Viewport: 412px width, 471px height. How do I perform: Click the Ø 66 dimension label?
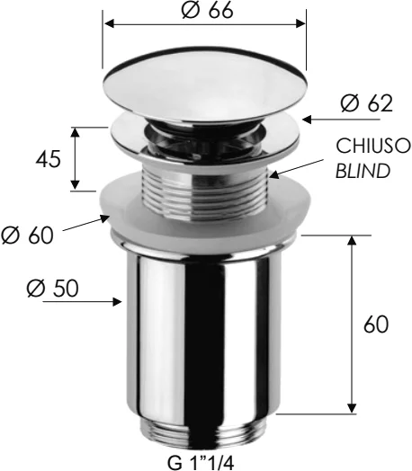208,10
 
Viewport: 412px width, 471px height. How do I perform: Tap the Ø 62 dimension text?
367,104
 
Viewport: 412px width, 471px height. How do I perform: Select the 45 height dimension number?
49,159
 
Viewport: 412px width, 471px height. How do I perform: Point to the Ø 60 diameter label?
27,235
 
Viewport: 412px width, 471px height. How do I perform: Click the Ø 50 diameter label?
52,289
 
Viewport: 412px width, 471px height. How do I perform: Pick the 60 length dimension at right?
376,324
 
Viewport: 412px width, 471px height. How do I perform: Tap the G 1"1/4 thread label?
201,463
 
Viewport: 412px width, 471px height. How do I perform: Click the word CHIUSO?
373,146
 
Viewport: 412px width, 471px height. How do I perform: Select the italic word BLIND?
363,171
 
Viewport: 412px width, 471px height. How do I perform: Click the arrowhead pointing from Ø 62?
307,120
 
